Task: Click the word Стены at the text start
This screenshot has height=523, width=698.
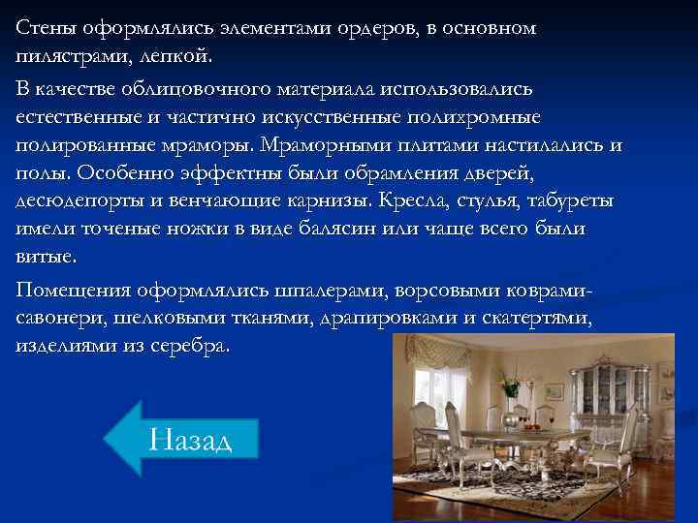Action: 44,28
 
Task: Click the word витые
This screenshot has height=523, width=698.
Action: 44,258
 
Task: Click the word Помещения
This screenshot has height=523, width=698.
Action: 74,291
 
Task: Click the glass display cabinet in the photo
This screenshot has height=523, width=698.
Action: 609,387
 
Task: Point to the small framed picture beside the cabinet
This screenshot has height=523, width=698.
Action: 554,391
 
